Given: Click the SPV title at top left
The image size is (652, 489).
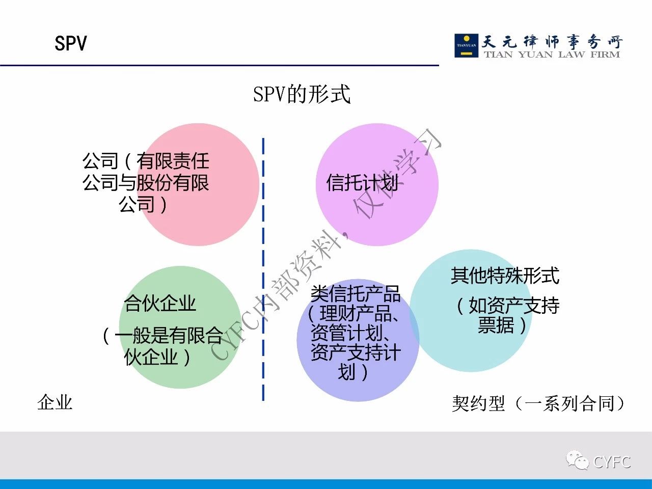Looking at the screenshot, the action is pyautogui.click(x=71, y=43).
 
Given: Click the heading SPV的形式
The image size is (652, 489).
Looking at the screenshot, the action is pyautogui.click(x=302, y=94).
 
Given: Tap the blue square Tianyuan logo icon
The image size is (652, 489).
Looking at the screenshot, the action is pyautogui.click(x=467, y=45).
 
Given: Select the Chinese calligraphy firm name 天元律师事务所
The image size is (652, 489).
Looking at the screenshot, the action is pyautogui.click(x=552, y=42).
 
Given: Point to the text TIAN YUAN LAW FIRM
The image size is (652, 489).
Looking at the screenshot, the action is pyautogui.click(x=552, y=55).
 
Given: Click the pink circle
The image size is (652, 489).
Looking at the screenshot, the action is pyautogui.click(x=199, y=184).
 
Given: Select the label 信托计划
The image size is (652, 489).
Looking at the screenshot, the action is pyautogui.click(x=362, y=182).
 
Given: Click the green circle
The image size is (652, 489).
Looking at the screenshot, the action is pyautogui.click(x=181, y=327).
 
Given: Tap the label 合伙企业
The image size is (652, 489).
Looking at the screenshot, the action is pyautogui.click(x=160, y=303).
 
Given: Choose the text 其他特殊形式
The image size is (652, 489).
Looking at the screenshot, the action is pyautogui.click(x=505, y=276).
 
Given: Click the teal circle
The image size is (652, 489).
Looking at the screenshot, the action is pyautogui.click(x=471, y=310).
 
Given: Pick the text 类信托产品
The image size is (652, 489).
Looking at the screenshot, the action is pyautogui.click(x=355, y=293).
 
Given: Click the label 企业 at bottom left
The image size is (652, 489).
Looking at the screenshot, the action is pyautogui.click(x=55, y=402).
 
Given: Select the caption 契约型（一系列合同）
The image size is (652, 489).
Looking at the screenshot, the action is pyautogui.click(x=538, y=403).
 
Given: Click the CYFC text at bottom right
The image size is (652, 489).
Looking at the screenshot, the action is pyautogui.click(x=612, y=462).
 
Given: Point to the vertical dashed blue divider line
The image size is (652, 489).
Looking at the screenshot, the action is pyautogui.click(x=263, y=269).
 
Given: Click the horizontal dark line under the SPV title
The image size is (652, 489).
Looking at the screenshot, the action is pyautogui.click(x=220, y=65).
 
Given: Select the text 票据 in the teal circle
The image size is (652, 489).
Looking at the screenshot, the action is pyautogui.click(x=496, y=325).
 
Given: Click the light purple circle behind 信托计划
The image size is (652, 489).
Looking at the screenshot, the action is pyautogui.click(x=377, y=184).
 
